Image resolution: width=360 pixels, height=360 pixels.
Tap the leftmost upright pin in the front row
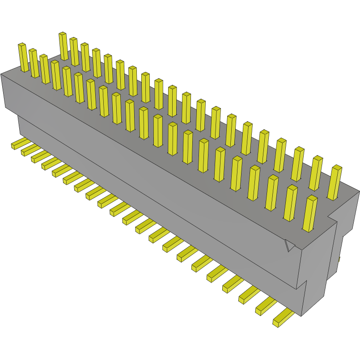tap(23, 57)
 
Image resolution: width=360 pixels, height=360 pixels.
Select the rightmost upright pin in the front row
tap(309, 213)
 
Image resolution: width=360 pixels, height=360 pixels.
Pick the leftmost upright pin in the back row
tap(63, 46)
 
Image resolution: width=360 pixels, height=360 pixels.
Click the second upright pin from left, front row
tap(34, 63)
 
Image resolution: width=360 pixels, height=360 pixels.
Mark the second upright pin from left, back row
tap(74, 51)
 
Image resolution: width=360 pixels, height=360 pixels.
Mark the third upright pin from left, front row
tap(45, 69)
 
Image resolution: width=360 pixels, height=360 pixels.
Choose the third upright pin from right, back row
tap(298, 164)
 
